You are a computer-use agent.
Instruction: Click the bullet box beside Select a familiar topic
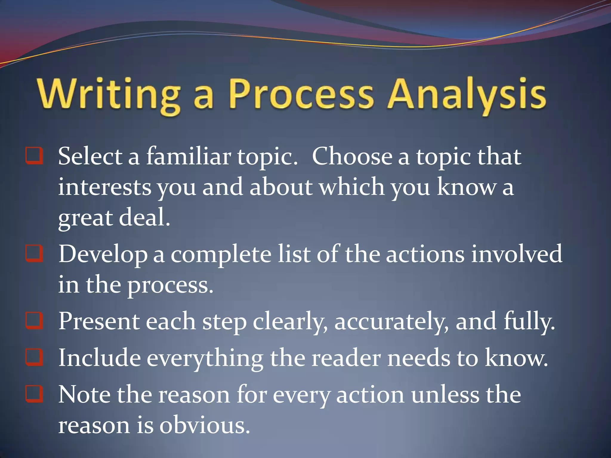[x=34, y=155]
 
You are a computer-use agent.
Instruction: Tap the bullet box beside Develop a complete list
[x=34, y=253]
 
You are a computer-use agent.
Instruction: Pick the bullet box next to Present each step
[x=34, y=321]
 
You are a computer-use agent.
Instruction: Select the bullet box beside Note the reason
[x=34, y=394]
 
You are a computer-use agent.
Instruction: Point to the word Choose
[x=352, y=157]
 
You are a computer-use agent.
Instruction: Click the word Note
[x=84, y=395]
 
